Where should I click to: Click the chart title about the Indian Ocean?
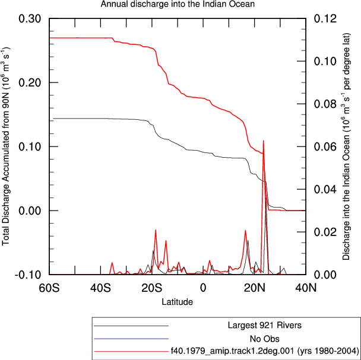[x=178, y=4]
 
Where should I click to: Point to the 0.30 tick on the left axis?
[x=27, y=18]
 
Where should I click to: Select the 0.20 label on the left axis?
[x=27, y=82]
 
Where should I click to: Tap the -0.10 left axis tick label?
[x=24, y=275]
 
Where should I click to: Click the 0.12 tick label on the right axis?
[x=325, y=18]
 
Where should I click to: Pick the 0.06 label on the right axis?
[x=325, y=146]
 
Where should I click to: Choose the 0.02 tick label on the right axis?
[x=325, y=232]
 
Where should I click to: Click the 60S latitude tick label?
[x=49, y=288]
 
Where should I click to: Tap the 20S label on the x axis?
[x=152, y=288]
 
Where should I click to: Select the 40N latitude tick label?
[x=306, y=288]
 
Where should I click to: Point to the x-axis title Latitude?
[x=178, y=301]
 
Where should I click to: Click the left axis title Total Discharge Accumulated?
[x=6, y=146]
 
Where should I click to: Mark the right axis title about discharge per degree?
[x=346, y=146]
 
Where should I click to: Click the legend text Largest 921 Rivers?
[x=265, y=325]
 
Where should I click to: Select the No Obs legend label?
[x=265, y=339]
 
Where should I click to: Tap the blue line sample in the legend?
[x=131, y=339]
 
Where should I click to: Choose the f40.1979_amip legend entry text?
[x=265, y=351]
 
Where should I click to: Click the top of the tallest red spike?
[x=263, y=141]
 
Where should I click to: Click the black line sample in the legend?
[x=131, y=326]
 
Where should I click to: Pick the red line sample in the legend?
[x=131, y=351]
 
